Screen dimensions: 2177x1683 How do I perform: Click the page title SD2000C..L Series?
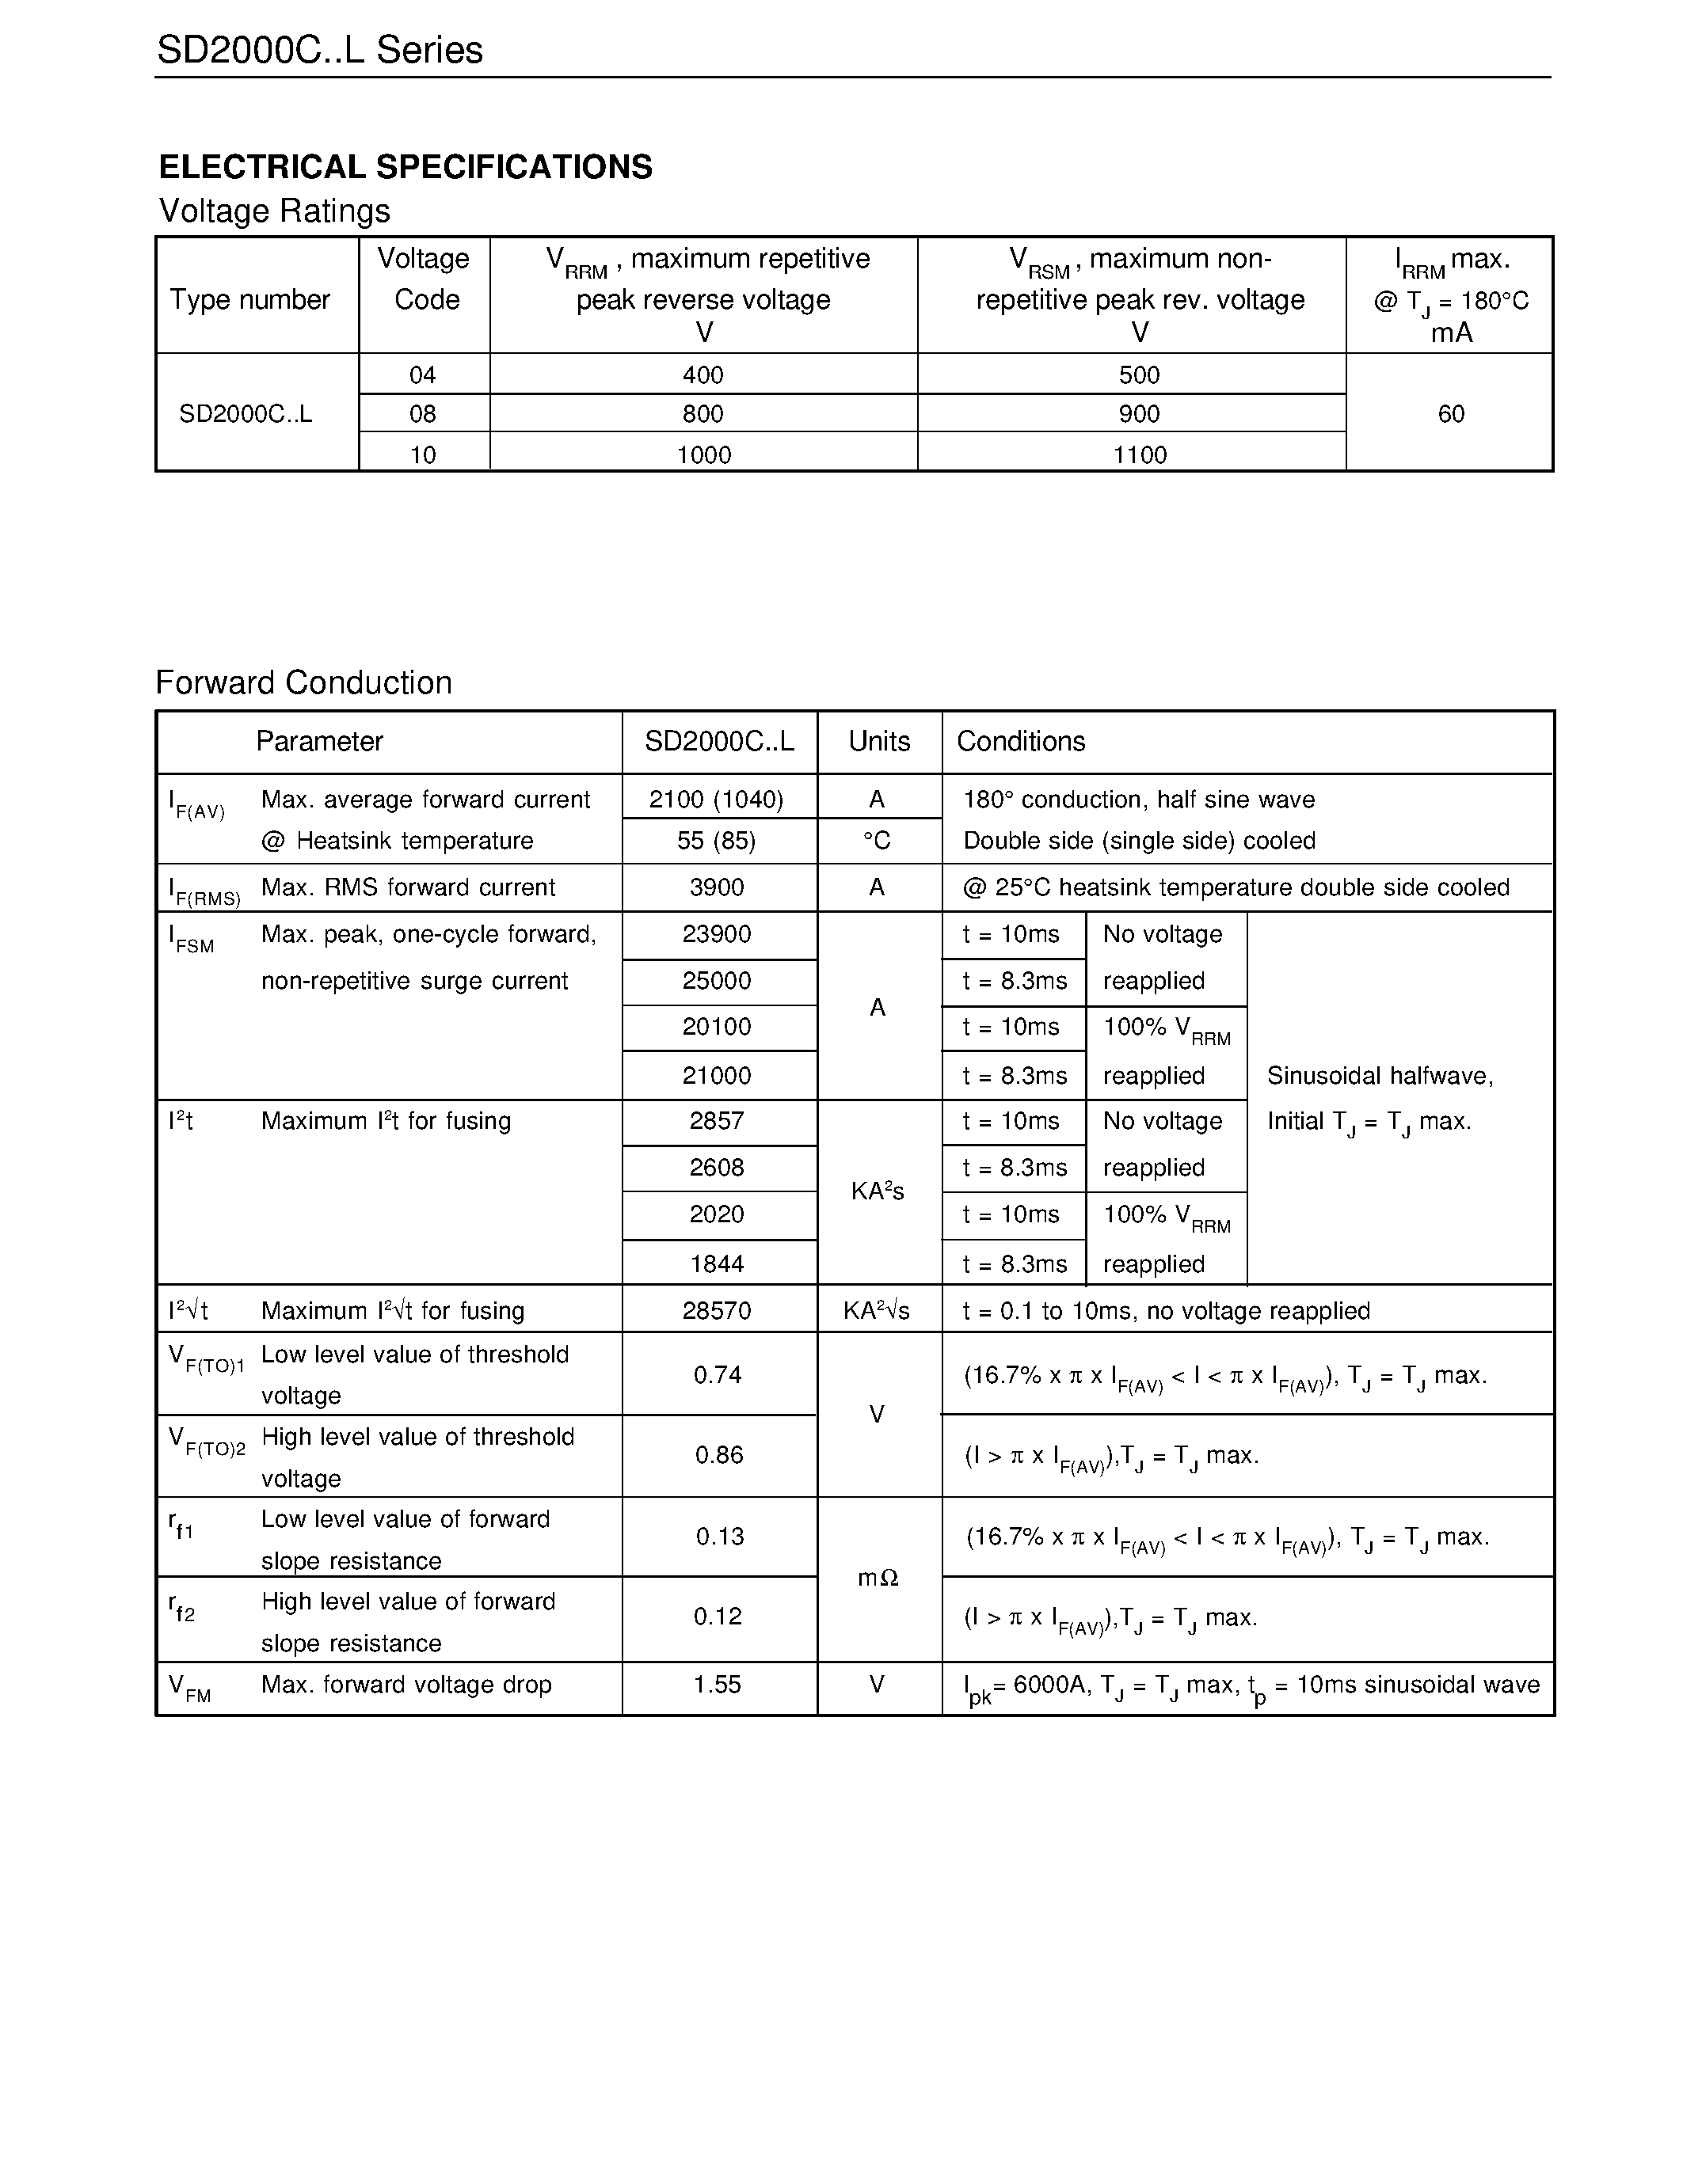coord(319,50)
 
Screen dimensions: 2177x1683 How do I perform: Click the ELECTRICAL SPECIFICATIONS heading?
coord(405,166)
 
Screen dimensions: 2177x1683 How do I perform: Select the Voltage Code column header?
coord(424,279)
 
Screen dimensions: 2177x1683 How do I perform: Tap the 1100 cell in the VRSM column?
coord(1139,454)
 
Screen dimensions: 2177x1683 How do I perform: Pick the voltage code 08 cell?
coord(423,414)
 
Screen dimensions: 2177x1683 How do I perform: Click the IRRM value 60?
coord(1451,414)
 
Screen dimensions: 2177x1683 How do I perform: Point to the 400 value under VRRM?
coord(703,374)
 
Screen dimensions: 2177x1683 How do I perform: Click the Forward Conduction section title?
coord(303,683)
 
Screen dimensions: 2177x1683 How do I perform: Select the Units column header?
coord(878,742)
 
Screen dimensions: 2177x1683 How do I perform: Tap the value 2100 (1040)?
coord(716,800)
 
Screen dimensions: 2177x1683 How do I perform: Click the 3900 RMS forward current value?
coord(716,887)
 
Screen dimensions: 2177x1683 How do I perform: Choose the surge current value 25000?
coord(716,981)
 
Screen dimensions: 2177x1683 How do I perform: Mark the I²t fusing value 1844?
coord(716,1264)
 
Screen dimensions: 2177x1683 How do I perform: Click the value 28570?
coord(716,1311)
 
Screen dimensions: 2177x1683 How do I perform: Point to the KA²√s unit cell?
coord(877,1311)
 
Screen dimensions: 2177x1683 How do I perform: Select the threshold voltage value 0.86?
coord(719,1455)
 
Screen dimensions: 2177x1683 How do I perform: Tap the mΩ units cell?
coord(878,1578)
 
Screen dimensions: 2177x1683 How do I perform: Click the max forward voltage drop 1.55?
coord(717,1685)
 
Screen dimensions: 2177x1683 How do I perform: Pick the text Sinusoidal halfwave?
coord(1380,1076)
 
